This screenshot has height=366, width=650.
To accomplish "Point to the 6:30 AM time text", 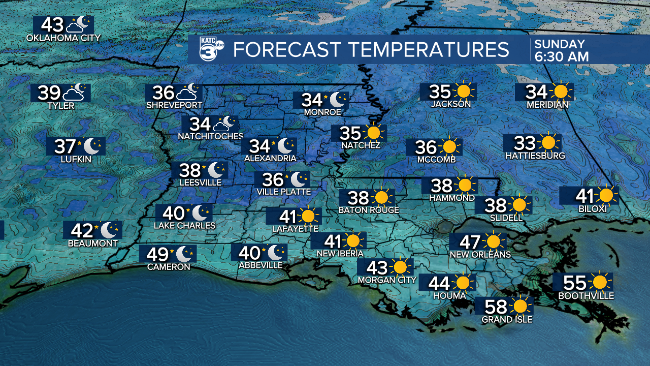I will (561, 56).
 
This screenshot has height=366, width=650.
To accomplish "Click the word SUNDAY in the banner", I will (559, 44).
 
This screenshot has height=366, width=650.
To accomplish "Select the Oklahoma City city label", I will (63, 38).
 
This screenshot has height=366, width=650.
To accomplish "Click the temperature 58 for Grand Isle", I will (496, 307).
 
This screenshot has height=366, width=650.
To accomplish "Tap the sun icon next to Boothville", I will (600, 282).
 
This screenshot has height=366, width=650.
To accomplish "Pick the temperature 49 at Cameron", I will (157, 254).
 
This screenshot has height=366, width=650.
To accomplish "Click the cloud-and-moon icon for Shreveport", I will (187, 93).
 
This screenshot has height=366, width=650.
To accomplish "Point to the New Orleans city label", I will (480, 254).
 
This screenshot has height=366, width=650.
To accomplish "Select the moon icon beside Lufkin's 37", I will (91, 146).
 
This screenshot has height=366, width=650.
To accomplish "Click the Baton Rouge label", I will (369, 210).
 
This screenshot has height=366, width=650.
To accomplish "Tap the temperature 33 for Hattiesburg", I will (525, 143).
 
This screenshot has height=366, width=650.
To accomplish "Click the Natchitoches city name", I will (211, 136).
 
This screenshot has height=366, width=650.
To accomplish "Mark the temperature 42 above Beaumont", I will (82, 231).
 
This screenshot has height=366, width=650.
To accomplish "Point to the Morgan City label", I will (387, 280).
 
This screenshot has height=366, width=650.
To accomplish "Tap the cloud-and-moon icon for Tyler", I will (74, 93).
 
